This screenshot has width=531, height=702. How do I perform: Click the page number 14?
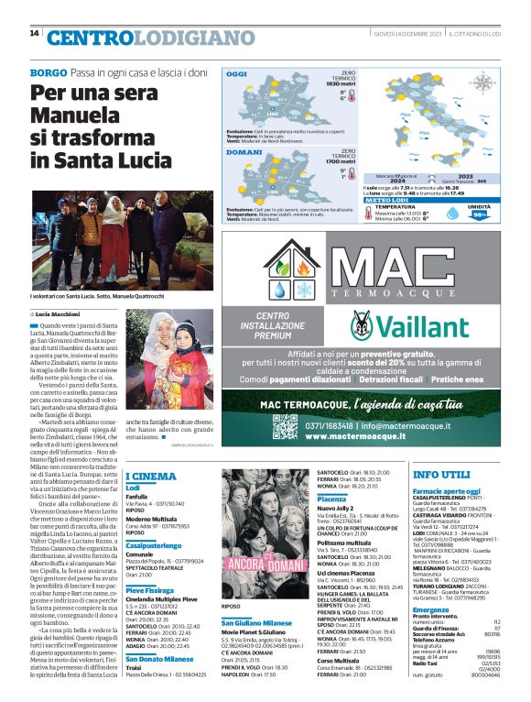coord(35,33)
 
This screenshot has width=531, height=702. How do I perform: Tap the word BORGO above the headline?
coord(49,71)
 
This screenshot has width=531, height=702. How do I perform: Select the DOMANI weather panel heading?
coord(244,152)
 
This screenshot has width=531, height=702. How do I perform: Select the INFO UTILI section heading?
coord(441,476)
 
